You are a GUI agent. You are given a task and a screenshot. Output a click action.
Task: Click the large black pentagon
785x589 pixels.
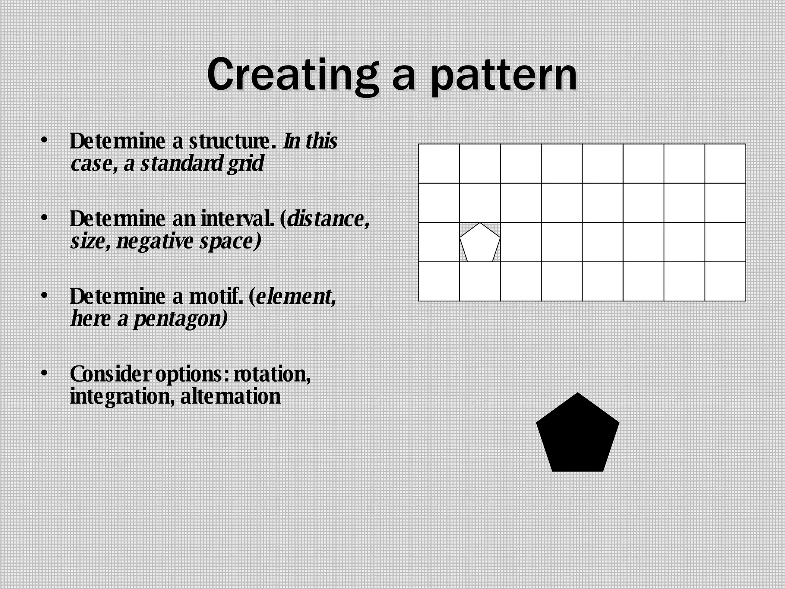point(577,435)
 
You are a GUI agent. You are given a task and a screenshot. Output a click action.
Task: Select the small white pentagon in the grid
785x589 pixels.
point(480,244)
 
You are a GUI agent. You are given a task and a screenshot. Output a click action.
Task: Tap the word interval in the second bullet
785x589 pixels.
point(238,219)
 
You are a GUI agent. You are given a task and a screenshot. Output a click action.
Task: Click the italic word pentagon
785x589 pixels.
point(180,319)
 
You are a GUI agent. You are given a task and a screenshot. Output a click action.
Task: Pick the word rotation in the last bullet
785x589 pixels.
point(272,374)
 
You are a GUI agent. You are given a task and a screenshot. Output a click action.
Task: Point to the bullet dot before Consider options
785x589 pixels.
point(45,373)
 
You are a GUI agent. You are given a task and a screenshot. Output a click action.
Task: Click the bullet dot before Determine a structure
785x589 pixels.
point(45,140)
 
